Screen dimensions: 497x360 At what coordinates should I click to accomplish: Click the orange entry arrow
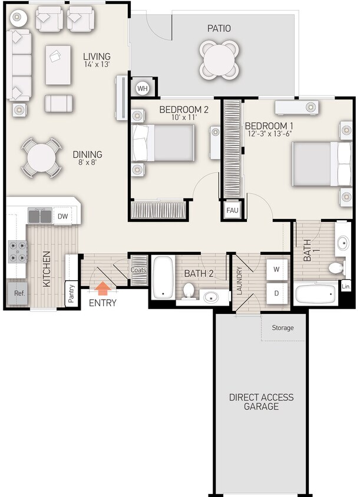[x=103, y=288]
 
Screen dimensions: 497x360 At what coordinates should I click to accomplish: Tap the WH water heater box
[x=143, y=88]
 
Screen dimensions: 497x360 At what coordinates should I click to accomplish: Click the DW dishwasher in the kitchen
[x=63, y=217]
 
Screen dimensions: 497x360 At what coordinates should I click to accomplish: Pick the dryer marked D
[x=276, y=292]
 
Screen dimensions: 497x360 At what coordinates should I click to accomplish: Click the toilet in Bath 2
[x=189, y=290]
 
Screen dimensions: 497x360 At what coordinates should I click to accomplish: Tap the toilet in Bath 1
[x=336, y=269]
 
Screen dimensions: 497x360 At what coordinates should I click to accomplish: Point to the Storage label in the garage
[x=282, y=328]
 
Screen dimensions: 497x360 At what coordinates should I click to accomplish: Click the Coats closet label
[x=138, y=270]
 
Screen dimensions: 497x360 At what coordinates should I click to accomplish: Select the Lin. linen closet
[x=346, y=287]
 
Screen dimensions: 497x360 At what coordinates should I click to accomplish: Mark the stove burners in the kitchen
[x=18, y=251]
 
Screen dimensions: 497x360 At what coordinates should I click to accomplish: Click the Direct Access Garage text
[x=261, y=402]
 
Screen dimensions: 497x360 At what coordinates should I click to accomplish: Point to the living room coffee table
[x=58, y=65]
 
